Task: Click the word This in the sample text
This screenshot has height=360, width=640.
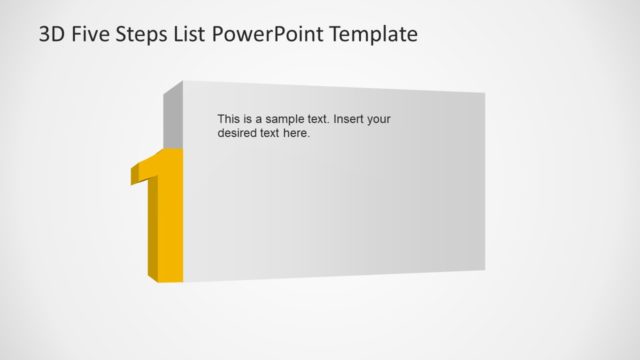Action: (x=229, y=119)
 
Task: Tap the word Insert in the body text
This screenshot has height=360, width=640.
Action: (x=349, y=119)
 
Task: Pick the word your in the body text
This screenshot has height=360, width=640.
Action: (x=379, y=119)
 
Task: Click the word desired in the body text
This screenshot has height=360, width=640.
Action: (x=239, y=133)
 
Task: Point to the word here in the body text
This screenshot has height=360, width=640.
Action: (x=298, y=133)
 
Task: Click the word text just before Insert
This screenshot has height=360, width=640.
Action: (x=319, y=119)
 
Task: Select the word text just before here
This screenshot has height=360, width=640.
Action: (x=272, y=133)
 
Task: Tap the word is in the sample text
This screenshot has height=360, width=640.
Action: (x=250, y=119)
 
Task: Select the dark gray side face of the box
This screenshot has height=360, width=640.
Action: (x=172, y=115)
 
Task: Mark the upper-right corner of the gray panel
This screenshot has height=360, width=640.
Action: (x=484, y=95)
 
